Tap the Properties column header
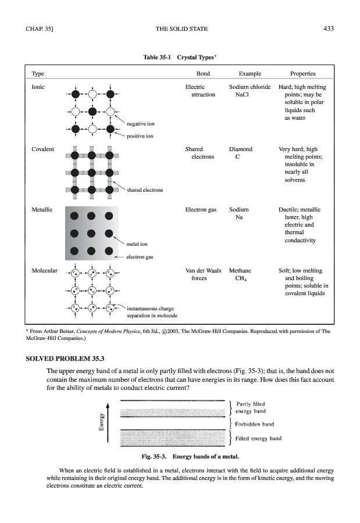[302, 74]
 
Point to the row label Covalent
[42, 149]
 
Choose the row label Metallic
[42, 209]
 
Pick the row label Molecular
[44, 271]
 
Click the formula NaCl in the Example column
[242, 94]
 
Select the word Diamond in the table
[241, 149]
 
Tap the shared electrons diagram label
[145, 190]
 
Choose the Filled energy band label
[259, 438]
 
